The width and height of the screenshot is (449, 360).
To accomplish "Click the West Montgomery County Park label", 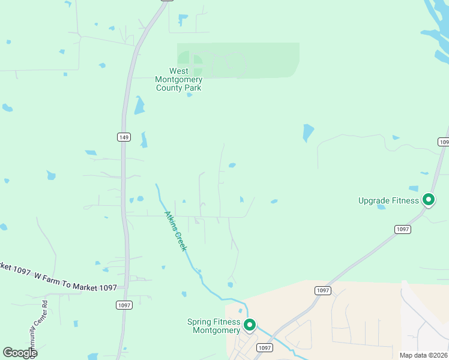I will pos(178,80).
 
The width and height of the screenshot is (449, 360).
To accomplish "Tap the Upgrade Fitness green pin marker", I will pos(429,199).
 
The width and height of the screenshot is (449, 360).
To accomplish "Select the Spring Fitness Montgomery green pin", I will pos(250,325).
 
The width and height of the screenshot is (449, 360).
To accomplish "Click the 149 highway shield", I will pos(123,137).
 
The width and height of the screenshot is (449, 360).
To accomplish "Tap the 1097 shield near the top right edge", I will pos(443,142).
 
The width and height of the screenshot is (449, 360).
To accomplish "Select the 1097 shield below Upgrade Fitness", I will pos(402,229).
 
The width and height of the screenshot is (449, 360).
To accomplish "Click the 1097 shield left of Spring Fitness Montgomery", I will pos(124,305).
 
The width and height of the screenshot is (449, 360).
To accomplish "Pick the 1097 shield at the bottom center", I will pos(264,347).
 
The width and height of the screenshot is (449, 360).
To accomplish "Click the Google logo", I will pos(20,353).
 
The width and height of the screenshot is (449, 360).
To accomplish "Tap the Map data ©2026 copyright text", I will pos(423,355).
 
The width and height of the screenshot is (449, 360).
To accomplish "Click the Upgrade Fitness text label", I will pos(388,200).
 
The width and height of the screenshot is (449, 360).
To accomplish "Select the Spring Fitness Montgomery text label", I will pos(214,326).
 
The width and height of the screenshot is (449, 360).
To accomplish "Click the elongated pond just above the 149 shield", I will pos(143,139).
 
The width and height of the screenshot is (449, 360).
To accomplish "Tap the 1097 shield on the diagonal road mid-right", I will pos(322,290).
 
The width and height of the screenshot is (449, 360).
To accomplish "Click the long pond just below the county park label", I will pos(139,106).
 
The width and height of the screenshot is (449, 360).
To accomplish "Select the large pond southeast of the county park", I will pos(308,132).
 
